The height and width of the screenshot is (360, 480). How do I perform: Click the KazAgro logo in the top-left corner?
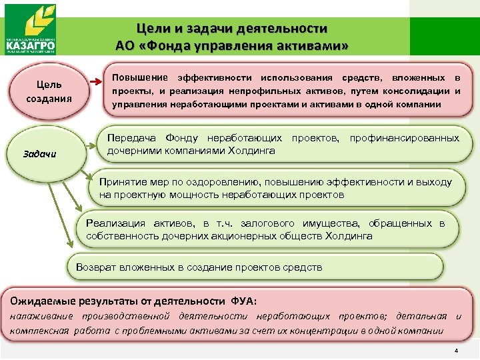(31, 29)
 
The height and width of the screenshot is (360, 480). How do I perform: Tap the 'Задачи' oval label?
(41, 155)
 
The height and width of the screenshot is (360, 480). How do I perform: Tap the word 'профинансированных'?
(404, 138)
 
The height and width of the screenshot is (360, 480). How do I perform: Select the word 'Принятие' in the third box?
(121, 182)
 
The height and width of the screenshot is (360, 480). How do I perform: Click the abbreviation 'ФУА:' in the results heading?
(246, 300)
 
